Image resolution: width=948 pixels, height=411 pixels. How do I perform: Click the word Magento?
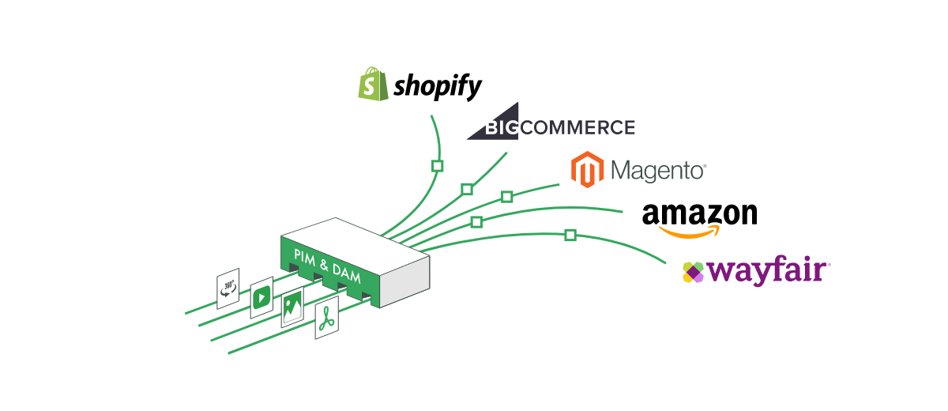pos(658,170)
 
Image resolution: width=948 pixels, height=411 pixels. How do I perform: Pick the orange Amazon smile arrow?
pos(690,232)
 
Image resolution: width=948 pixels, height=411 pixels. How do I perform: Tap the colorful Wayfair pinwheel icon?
pos(693,272)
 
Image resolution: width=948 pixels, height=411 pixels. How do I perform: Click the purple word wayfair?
pos(766,272)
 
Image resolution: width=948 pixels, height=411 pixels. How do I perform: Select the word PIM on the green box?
pos(306,256)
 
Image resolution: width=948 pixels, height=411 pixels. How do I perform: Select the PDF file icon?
pos(326,318)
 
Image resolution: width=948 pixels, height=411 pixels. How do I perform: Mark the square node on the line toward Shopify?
pos(437,166)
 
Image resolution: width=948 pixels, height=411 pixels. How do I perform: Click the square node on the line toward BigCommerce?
pos(467,189)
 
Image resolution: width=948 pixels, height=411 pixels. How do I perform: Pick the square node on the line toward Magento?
pos(506,196)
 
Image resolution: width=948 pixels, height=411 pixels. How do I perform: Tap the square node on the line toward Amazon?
pos(476,222)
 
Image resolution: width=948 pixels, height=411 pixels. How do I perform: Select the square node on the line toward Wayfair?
pos(570,235)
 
